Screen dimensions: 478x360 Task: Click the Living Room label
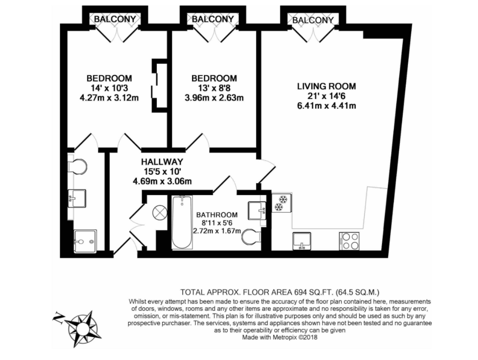coord(326,86)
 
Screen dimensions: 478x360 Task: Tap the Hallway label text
coord(162,162)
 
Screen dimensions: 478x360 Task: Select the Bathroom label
coord(217,215)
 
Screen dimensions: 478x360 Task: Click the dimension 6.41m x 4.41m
coord(326,106)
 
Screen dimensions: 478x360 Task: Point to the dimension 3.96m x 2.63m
coord(214,98)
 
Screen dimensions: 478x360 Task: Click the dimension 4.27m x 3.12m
coord(109,98)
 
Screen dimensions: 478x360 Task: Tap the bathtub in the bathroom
coord(182,222)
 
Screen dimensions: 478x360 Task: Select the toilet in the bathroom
coord(251,237)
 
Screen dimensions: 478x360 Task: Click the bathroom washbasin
coord(257,210)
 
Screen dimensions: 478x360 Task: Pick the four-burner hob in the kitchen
coord(349,241)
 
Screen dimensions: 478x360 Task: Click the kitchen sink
coord(302,241)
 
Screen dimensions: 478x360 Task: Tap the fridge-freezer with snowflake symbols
coord(281,203)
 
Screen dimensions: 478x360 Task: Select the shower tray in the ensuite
coord(85,241)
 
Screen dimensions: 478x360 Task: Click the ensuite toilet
coord(77,166)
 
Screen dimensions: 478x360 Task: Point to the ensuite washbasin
coord(77,198)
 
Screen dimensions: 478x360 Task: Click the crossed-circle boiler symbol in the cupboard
coord(160,212)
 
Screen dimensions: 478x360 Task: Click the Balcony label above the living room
coord(313,20)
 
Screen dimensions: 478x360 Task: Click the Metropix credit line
coord(280,338)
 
